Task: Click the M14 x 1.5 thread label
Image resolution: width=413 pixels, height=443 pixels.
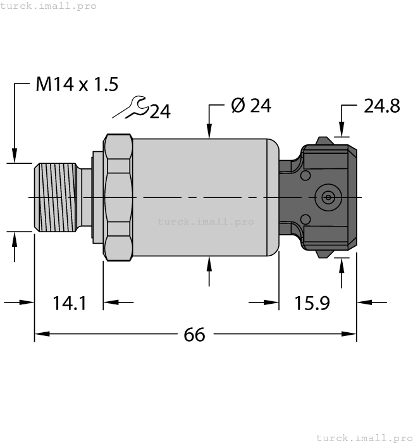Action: click(x=77, y=85)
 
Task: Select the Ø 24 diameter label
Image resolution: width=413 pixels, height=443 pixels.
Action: click(x=250, y=106)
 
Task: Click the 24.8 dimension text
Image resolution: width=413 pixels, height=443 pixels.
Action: click(x=381, y=106)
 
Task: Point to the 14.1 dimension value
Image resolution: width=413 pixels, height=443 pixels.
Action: click(x=70, y=304)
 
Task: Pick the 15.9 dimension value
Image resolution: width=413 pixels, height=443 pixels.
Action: click(x=312, y=304)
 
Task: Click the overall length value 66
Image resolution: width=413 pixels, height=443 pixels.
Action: click(x=194, y=334)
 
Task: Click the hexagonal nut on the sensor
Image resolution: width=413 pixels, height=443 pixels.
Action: click(x=118, y=197)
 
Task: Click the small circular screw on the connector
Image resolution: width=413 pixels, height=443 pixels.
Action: click(x=327, y=197)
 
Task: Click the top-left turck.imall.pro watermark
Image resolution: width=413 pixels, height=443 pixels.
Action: click(x=49, y=6)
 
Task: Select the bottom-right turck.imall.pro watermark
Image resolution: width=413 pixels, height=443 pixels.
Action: click(x=363, y=437)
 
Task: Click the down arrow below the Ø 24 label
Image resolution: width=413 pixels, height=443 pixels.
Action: click(x=210, y=130)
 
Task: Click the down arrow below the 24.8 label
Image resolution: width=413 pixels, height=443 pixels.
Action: click(x=342, y=130)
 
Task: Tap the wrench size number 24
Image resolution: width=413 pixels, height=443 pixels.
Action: click(x=160, y=112)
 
